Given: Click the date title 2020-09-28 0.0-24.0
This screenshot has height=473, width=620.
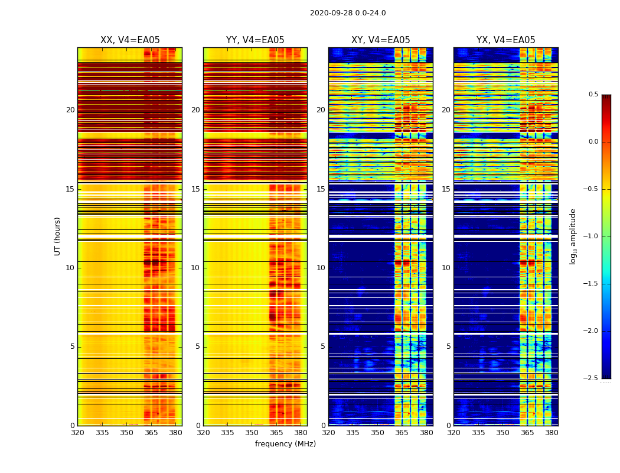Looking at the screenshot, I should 348,13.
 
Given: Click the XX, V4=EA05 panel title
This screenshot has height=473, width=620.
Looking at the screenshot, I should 130,40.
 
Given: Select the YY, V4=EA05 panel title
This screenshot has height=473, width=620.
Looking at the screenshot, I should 255,40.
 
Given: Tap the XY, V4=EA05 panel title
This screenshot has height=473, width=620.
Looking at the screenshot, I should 380,40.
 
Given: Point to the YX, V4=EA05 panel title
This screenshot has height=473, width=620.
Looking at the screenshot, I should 505,40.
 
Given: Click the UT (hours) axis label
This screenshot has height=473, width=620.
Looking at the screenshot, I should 57,236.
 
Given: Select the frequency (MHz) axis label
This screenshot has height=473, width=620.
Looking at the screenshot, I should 285,444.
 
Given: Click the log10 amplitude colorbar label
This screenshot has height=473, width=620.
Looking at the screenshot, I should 572,236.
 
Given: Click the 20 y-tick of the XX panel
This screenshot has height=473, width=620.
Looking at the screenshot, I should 70,110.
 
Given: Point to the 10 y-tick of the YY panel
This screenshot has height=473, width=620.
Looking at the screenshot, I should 195,268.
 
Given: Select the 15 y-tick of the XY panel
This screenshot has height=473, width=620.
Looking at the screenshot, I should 321,189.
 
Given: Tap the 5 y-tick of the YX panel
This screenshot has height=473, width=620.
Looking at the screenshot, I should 448,346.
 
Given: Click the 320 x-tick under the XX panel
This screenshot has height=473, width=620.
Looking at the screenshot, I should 77,432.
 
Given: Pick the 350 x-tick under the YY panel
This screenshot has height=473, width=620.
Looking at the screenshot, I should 252,432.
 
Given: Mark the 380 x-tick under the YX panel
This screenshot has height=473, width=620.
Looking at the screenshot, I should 552,432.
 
